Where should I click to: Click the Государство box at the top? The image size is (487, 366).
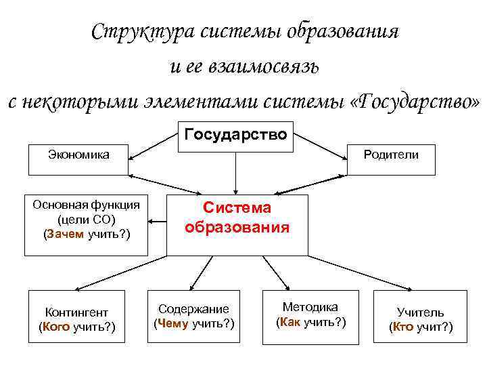click(235, 134)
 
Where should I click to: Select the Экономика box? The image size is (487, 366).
click(77, 159)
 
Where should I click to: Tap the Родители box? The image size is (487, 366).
click(390, 159)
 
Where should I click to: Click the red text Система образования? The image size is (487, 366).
click(238, 218)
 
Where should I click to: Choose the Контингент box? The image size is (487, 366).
click(77, 320)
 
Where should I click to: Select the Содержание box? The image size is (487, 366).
click(194, 317)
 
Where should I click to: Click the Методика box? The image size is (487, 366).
click(310, 314)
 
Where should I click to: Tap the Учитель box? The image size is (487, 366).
click(420, 320)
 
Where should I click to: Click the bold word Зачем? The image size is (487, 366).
click(64, 235)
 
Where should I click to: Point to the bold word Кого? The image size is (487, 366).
click(55, 327)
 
